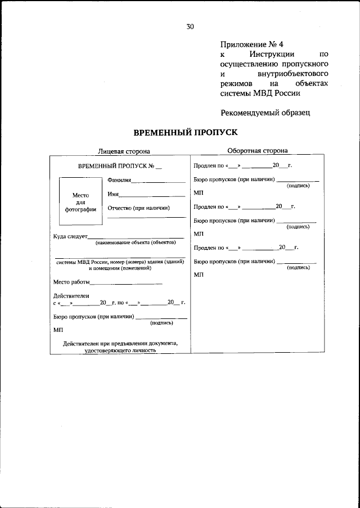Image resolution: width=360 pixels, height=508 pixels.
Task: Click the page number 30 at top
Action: (x=190, y=26)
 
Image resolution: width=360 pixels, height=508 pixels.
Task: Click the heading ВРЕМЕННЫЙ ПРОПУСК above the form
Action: (x=186, y=132)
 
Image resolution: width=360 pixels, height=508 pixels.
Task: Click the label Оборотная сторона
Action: (x=257, y=150)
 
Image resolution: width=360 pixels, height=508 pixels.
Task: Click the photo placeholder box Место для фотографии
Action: (x=80, y=202)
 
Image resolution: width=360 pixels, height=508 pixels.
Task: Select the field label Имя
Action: (x=112, y=194)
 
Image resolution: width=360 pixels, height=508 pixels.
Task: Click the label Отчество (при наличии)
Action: (x=138, y=208)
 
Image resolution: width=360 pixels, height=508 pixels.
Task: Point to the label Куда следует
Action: (x=70, y=236)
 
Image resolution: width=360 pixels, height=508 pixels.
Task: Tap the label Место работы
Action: (x=71, y=282)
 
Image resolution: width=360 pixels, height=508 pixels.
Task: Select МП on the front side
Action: (x=58, y=330)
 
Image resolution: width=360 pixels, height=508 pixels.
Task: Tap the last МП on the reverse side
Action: (x=198, y=275)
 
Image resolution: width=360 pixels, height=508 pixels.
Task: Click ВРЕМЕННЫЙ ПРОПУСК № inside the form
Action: (x=111, y=167)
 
